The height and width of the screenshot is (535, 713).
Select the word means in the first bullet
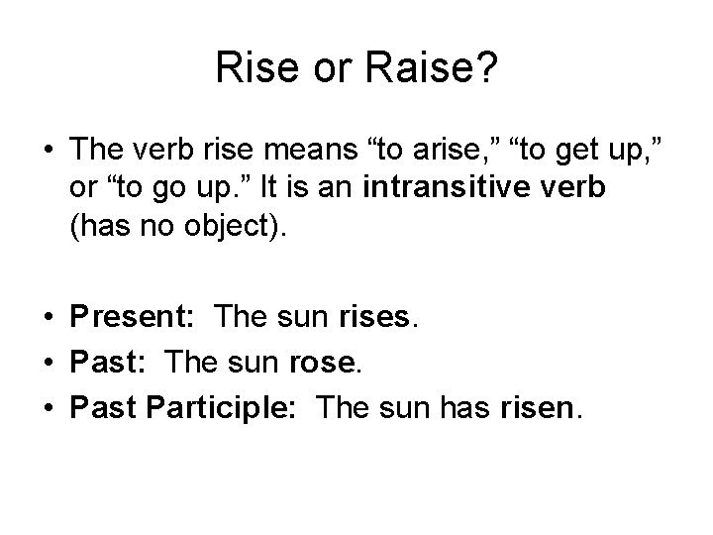click(x=300, y=150)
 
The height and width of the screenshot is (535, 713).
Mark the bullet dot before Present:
click(x=47, y=320)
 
